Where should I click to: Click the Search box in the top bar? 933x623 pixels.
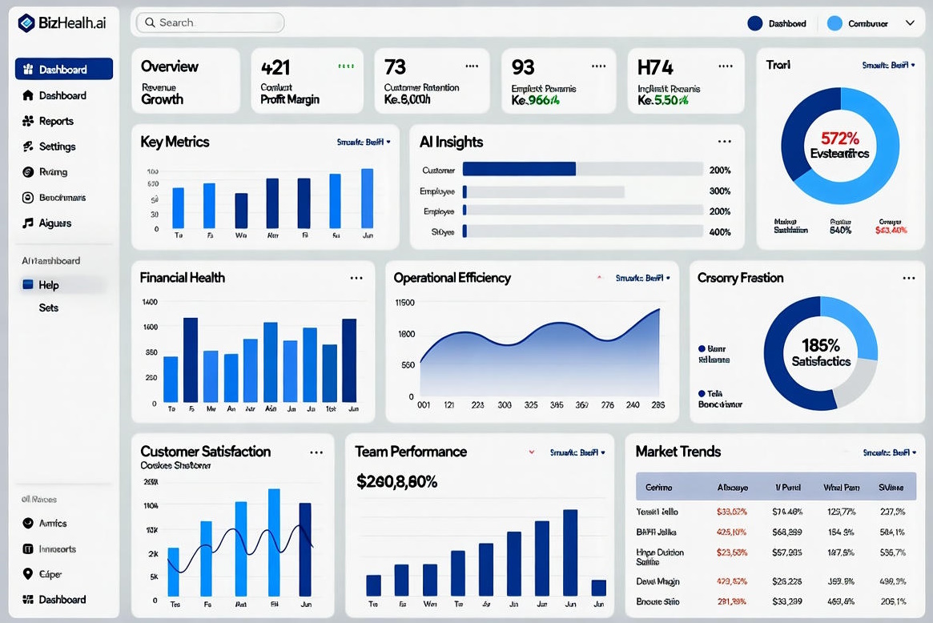coord(210,22)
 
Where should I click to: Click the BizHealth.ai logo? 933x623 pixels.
coord(62,23)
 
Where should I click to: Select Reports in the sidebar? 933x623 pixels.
coord(56,121)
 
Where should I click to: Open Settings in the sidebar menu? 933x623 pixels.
coord(57,147)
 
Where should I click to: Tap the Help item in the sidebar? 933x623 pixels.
coord(49,285)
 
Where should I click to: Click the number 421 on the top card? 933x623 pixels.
coord(275,67)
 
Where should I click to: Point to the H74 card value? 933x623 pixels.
coord(655,67)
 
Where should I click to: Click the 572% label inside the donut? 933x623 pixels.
coord(839,137)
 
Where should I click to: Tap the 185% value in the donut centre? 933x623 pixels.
coord(821,346)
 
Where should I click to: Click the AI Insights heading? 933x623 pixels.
coord(451,142)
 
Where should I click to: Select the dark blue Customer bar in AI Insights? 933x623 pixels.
coord(519,169)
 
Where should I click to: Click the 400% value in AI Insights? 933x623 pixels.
coord(720,232)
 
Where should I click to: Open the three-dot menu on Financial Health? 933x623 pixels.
coord(356,278)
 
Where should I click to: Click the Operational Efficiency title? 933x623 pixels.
coord(452,278)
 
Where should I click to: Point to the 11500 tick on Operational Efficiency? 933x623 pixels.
coord(405,303)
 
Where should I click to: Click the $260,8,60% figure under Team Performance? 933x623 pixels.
coord(396,482)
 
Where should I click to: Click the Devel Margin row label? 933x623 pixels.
coord(658,581)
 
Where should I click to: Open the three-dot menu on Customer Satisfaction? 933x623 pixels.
coord(316,452)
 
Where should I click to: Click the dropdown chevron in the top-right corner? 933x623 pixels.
coord(910,23)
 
